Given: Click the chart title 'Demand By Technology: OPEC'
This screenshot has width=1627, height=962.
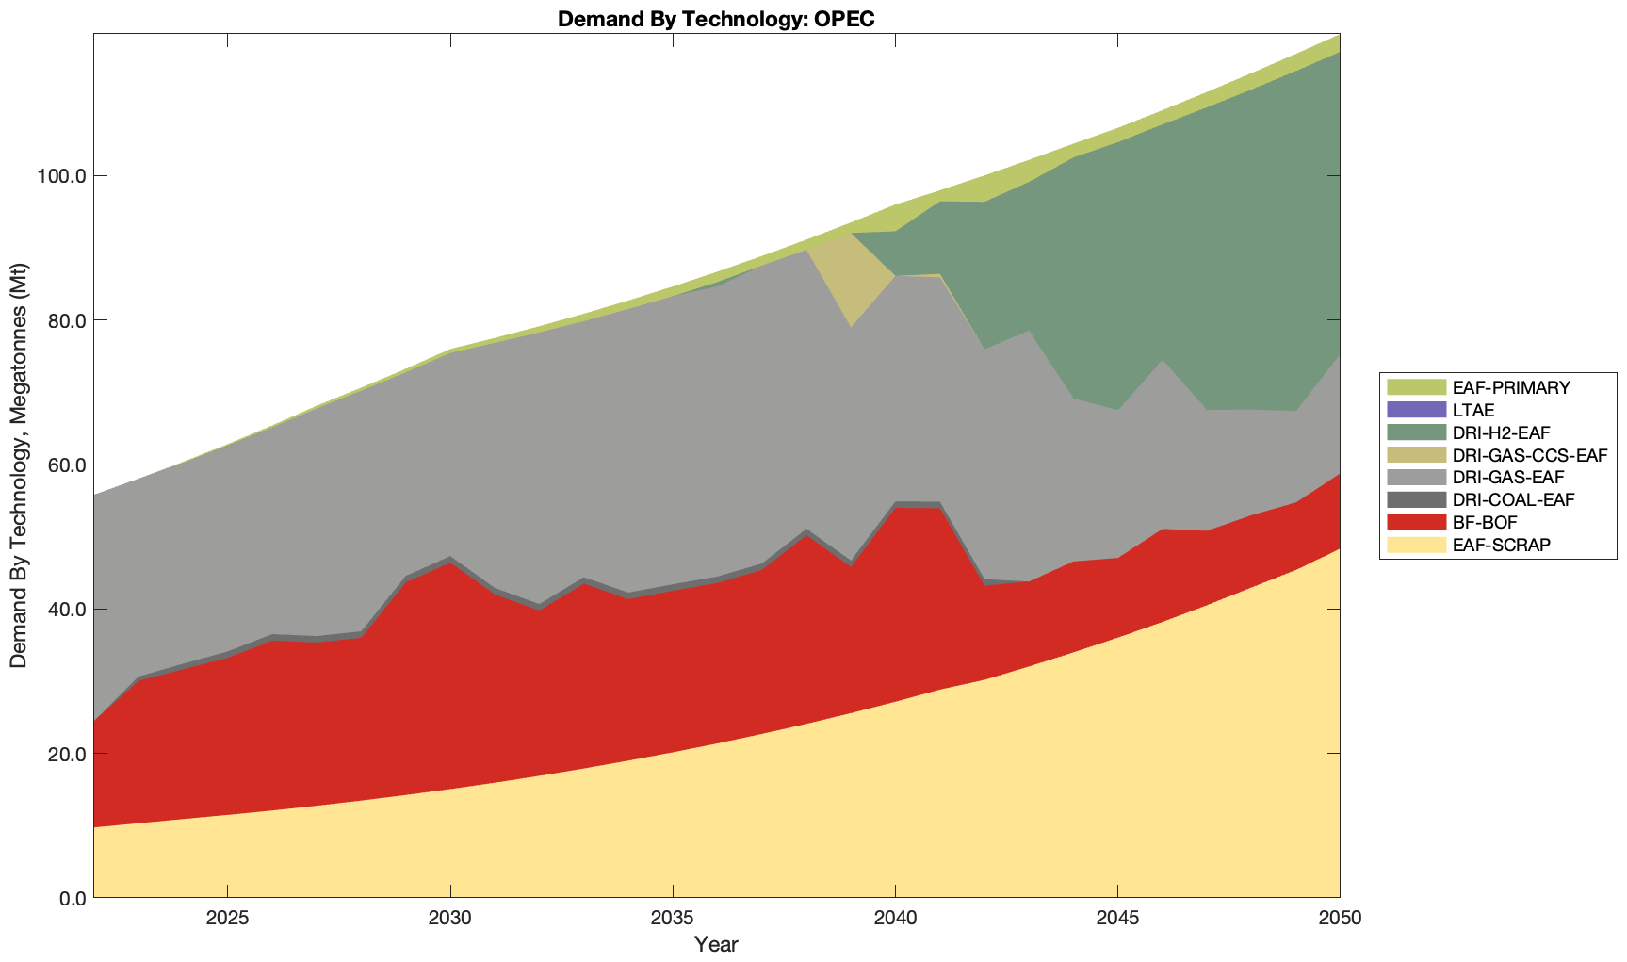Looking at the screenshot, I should pyautogui.click(x=716, y=19).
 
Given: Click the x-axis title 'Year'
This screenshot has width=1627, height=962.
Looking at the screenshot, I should pyautogui.click(x=716, y=944).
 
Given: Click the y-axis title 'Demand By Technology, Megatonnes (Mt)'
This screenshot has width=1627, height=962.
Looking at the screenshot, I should pyautogui.click(x=18, y=466).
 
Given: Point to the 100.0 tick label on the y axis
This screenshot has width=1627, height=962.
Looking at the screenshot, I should pyautogui.click(x=59, y=176).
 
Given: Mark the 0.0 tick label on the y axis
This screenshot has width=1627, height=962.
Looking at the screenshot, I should pyautogui.click(x=68, y=899).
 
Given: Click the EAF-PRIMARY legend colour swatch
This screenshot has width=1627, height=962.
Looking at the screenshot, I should pyautogui.click(x=1415, y=387).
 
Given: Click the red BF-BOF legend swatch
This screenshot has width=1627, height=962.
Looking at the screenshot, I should pyautogui.click(x=1415, y=522).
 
